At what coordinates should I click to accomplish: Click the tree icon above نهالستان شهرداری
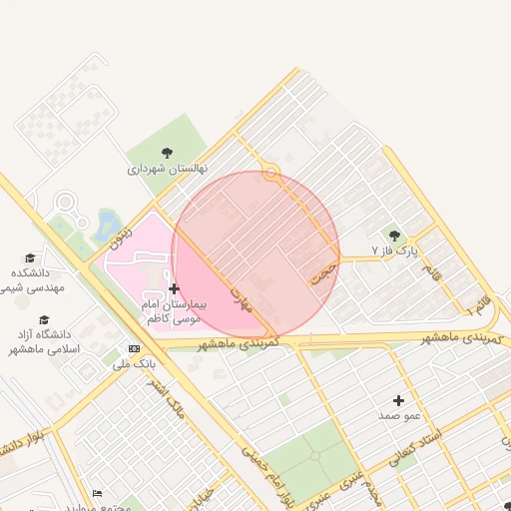[x=166, y=153]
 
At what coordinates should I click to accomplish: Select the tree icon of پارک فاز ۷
[x=394, y=236]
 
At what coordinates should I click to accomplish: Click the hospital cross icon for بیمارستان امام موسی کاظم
[x=175, y=288]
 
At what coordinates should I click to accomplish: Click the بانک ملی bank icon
[x=134, y=348]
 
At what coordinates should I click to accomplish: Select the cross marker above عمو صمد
[x=398, y=399]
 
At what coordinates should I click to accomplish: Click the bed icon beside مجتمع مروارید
[x=97, y=493]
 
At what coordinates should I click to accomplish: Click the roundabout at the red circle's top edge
[x=269, y=173]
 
